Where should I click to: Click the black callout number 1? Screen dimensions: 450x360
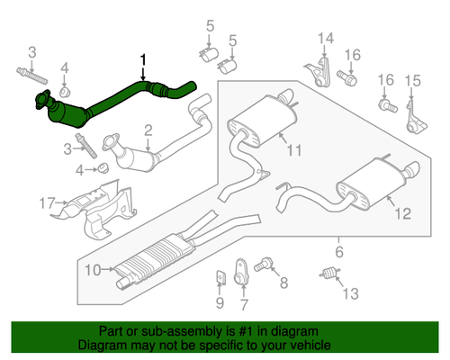click(143, 59)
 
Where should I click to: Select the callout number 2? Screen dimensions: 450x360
click(148, 130)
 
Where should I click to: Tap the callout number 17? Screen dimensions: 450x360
click(48, 203)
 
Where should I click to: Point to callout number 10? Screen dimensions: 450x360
click(93, 270)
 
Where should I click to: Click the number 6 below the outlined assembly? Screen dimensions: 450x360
click(339, 251)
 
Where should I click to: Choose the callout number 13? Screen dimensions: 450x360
click(351, 293)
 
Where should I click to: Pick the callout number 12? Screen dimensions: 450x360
click(403, 213)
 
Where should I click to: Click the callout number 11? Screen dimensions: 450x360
click(294, 149)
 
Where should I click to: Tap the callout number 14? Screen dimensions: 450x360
click(326, 39)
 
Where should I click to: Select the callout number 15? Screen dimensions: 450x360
click(413, 80)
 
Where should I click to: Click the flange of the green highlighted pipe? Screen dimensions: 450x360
click(42, 99)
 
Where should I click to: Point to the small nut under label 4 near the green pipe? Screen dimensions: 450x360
click(65, 92)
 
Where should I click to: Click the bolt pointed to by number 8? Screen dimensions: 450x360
click(263, 265)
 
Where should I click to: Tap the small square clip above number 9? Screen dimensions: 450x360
click(220, 277)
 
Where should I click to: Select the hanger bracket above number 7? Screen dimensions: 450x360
click(240, 272)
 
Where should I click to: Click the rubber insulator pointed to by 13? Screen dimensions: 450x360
click(329, 273)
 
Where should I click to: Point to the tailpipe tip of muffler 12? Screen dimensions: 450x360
click(412, 169)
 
